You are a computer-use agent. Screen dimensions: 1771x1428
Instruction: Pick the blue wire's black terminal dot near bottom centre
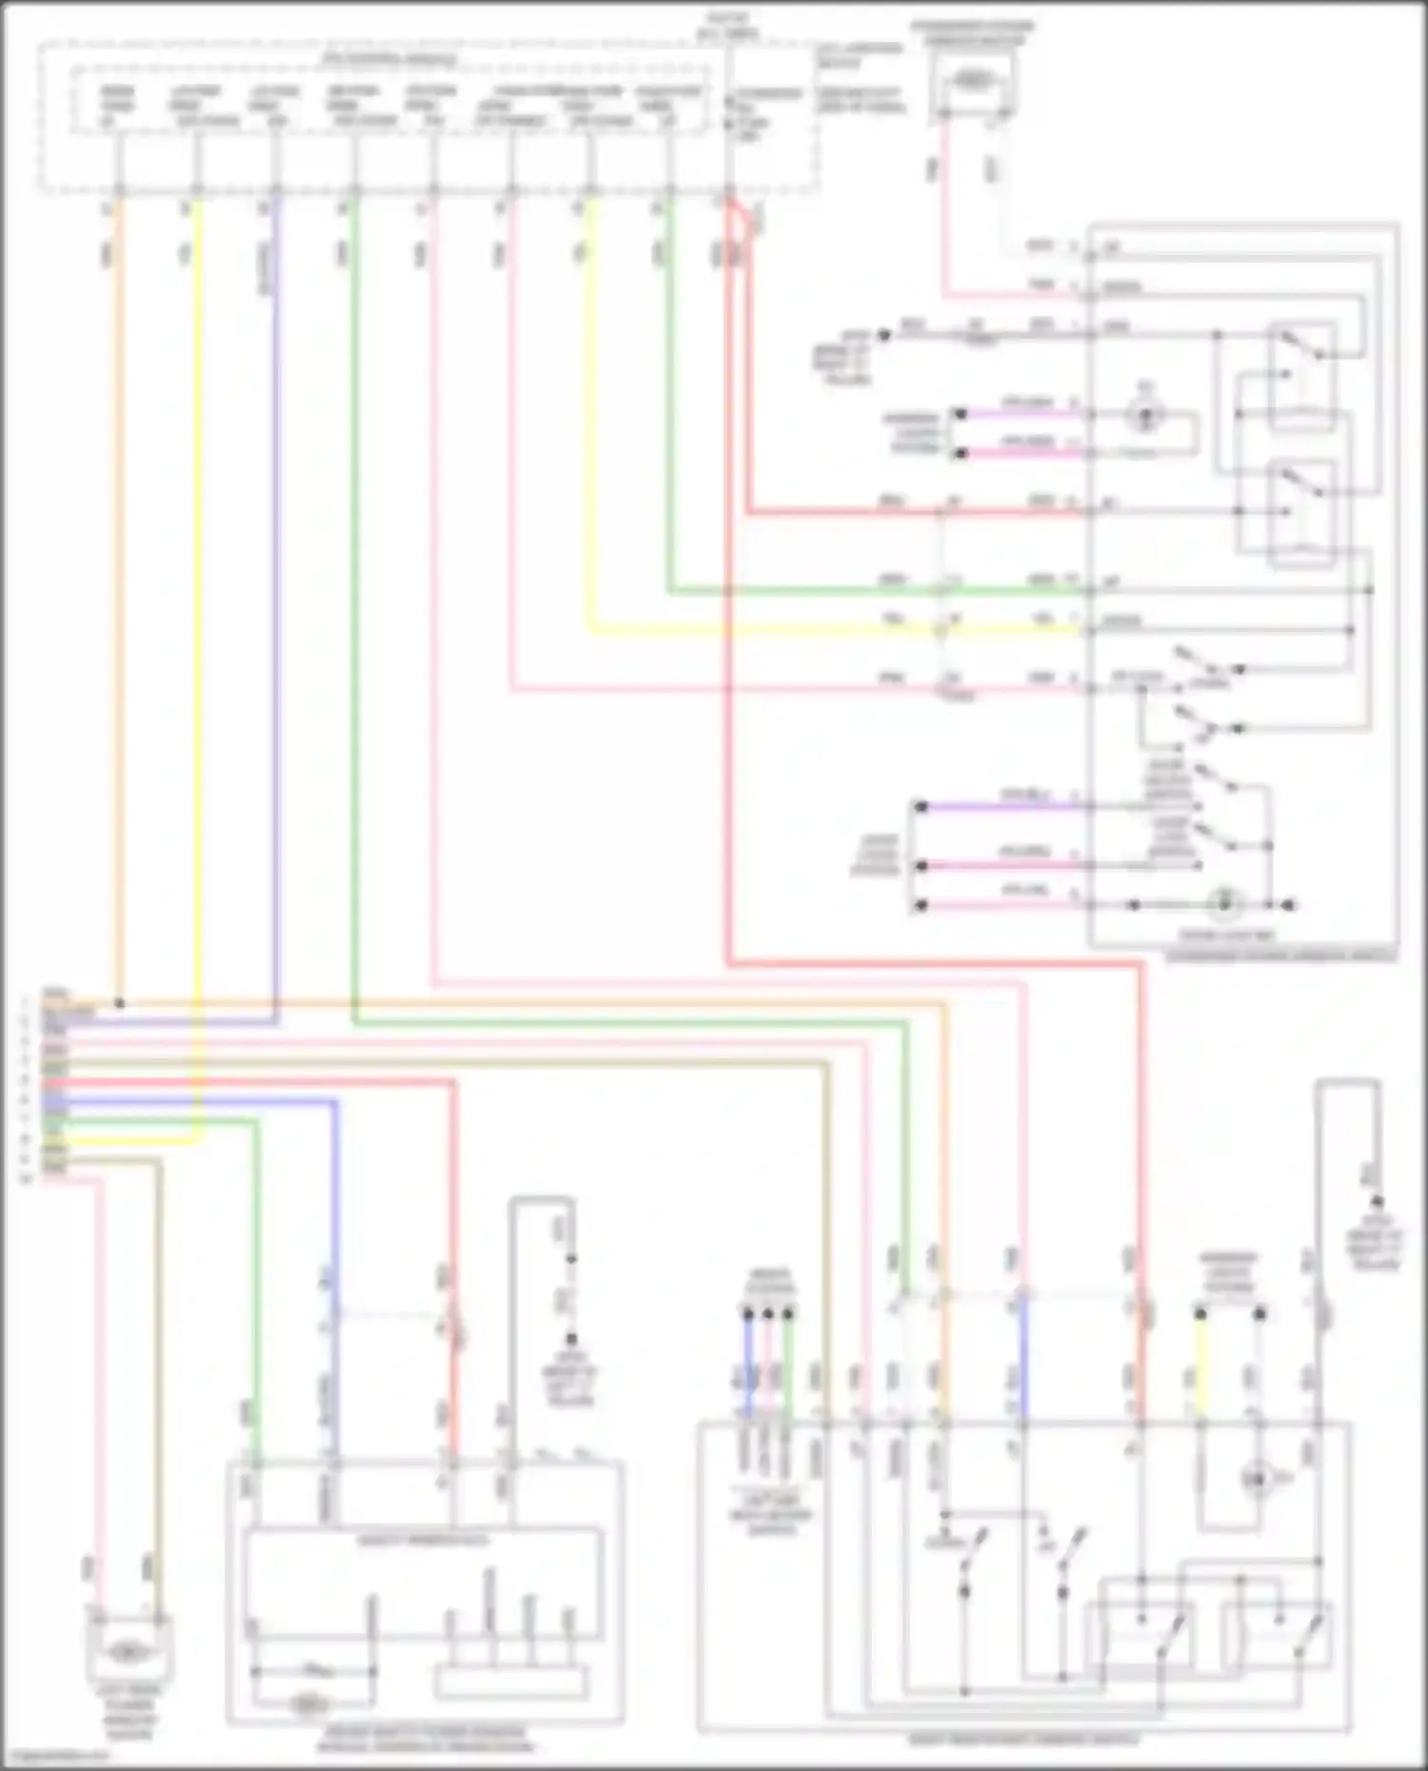(748, 1314)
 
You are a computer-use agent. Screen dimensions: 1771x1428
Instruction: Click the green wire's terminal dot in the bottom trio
(788, 1314)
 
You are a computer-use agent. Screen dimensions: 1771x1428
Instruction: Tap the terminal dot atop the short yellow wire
(1200, 1314)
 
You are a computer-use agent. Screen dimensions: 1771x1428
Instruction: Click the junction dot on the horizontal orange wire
(119, 1003)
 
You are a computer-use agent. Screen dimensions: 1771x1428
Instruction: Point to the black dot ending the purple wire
(921, 807)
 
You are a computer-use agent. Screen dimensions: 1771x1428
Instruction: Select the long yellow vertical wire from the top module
(198, 571)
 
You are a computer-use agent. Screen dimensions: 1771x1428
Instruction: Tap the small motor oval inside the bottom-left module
(307, 1702)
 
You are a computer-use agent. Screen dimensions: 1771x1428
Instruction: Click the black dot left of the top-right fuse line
(884, 335)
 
